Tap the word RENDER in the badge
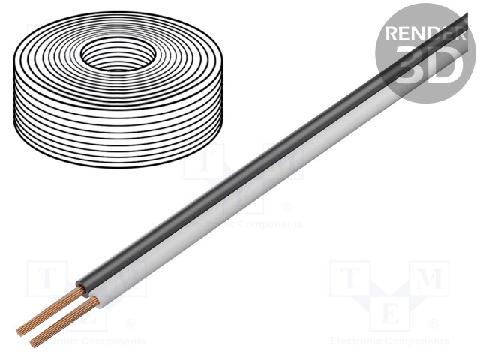423,34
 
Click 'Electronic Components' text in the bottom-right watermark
389,341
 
